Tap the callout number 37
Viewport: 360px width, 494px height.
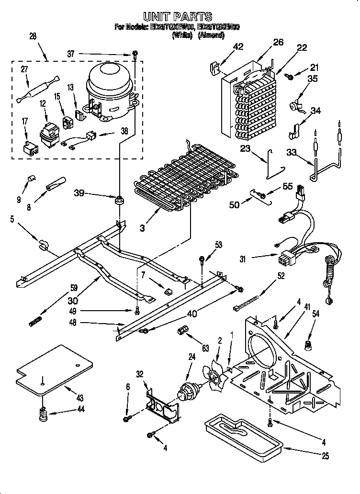click(71, 54)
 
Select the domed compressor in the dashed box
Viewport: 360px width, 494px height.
click(109, 89)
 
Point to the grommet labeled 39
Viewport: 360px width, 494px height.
click(118, 199)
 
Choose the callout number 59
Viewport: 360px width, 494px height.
click(73, 289)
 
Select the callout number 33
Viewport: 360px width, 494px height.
click(291, 153)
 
